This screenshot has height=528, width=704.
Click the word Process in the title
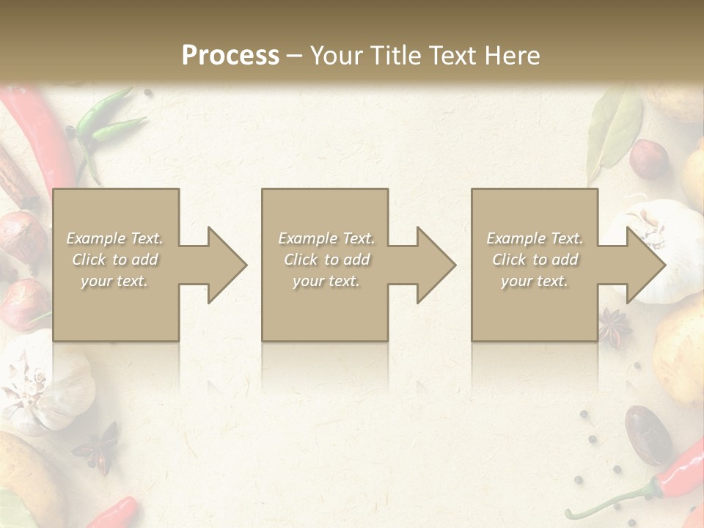(x=230, y=56)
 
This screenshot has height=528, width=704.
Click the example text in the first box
(x=115, y=260)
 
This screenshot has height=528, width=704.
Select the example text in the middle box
(x=326, y=260)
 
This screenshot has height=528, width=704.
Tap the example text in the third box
(x=535, y=260)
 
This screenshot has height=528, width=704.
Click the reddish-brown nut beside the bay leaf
(x=650, y=159)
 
